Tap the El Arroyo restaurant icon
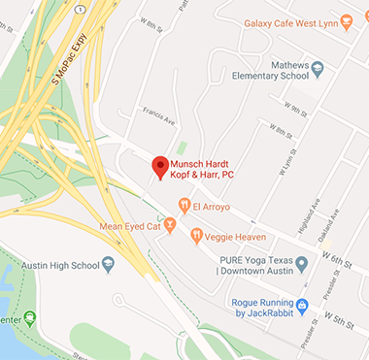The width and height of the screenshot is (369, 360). (184, 205)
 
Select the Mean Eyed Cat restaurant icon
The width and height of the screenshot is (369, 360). (170, 226)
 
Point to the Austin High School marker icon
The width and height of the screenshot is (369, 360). (108, 263)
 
